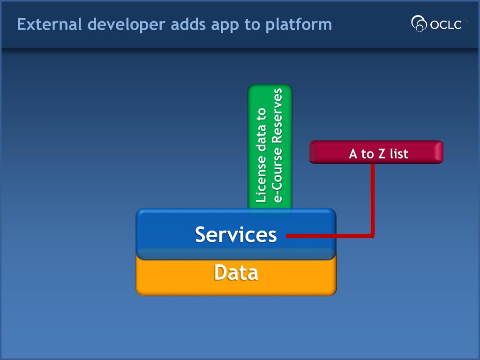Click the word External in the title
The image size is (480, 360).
point(50,24)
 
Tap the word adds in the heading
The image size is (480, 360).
point(188,24)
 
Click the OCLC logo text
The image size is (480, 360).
point(446,24)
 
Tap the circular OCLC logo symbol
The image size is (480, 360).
point(419,23)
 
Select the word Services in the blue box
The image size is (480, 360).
point(236,235)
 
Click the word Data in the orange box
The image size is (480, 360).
point(236,272)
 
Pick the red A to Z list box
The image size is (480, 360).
point(376,152)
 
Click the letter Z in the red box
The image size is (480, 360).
point(382,154)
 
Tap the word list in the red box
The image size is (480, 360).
point(399,154)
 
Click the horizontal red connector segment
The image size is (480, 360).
point(330,236)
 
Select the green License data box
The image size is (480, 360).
point(270,147)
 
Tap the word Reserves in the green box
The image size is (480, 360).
point(277,116)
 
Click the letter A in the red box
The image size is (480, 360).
point(353,154)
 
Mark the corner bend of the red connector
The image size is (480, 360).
point(373,236)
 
